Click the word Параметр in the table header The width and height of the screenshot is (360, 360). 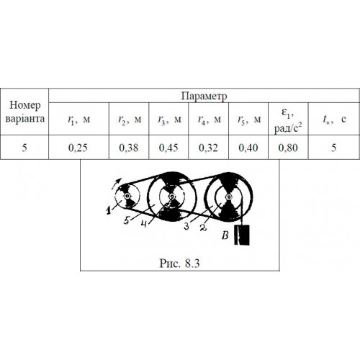(x=204, y=96)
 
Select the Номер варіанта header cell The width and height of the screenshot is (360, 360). (x=24, y=112)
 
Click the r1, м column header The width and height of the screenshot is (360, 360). (x=79, y=120)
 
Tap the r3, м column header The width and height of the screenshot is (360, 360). (x=169, y=120)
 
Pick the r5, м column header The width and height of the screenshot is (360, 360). (x=249, y=120)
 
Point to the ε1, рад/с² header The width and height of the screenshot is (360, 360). (x=288, y=120)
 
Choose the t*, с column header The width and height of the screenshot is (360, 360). (x=334, y=119)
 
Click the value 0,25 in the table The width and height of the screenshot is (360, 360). (x=78, y=148)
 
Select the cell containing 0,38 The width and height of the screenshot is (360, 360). (x=129, y=148)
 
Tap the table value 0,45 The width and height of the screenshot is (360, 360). (x=168, y=148)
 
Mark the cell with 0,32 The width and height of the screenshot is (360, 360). (x=208, y=148)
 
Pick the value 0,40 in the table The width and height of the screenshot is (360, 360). (x=248, y=148)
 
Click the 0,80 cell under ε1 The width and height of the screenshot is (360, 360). (x=288, y=148)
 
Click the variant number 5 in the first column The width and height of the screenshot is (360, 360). (x=24, y=148)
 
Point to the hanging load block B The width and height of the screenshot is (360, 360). (x=242, y=235)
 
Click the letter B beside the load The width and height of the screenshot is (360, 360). (x=225, y=235)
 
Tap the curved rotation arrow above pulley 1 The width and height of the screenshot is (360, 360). (x=117, y=183)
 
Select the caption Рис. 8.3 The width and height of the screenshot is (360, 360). (x=179, y=264)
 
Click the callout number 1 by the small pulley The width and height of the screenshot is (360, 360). (x=109, y=210)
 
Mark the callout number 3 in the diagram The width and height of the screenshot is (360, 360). (x=186, y=226)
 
